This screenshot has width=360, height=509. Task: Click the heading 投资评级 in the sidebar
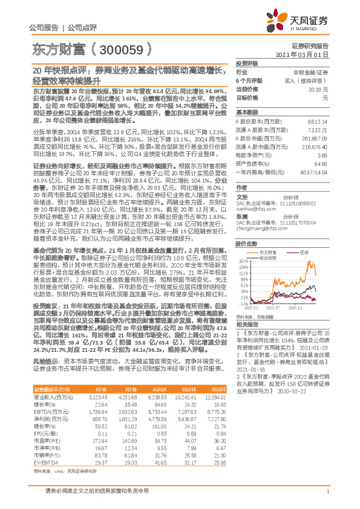pos(247,63)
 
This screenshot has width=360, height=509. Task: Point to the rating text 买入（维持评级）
pos(308,80)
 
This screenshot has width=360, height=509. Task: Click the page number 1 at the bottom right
pos(327,497)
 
